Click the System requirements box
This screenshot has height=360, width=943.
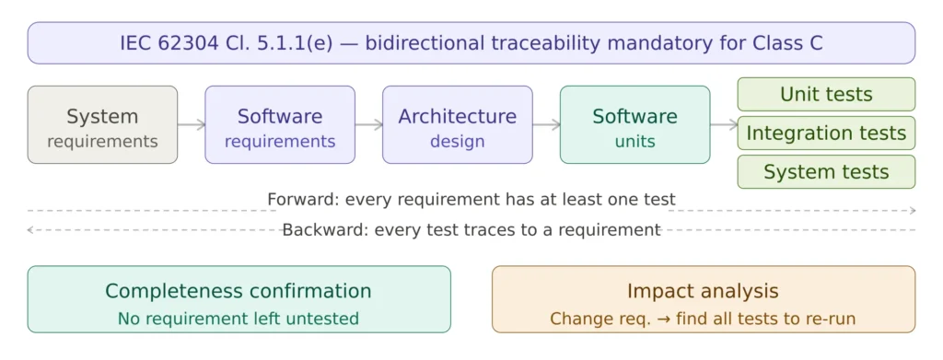102,124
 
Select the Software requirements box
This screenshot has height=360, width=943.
280,124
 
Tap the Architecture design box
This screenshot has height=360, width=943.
457,124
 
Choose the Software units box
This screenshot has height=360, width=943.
634,124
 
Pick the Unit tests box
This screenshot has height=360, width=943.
826,94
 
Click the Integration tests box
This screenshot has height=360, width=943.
826,133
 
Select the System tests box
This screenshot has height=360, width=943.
826,172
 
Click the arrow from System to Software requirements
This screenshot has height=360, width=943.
192,124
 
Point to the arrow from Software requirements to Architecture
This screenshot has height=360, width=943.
368,124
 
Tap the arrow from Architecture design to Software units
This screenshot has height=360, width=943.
546,124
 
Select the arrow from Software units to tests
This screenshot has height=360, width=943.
724,124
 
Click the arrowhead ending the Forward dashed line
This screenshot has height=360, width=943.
913,210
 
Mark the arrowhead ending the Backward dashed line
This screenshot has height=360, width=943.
30,229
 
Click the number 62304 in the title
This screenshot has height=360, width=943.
184,43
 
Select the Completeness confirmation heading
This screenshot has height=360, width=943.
239,292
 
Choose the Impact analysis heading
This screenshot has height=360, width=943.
703,292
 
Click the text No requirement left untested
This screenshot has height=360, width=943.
239,318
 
